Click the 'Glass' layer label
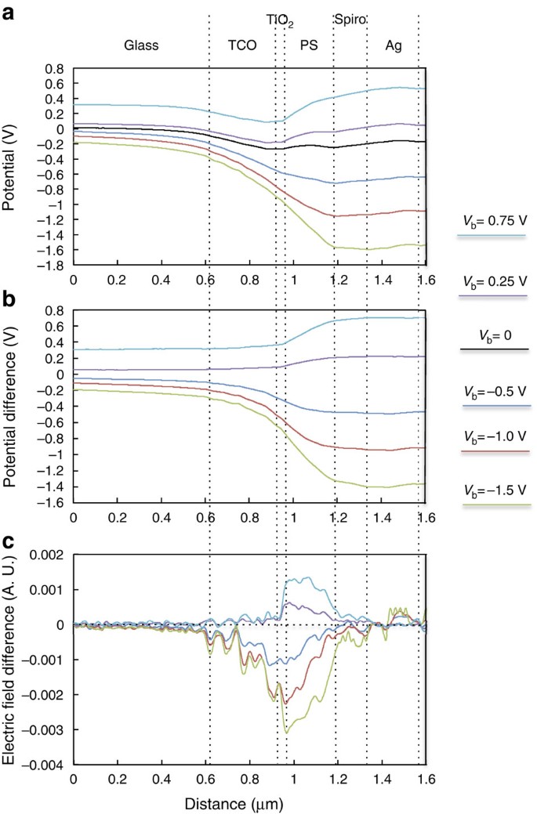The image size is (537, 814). coord(141,45)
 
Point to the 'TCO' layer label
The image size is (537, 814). coord(241,45)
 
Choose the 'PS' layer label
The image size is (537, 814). coord(309,45)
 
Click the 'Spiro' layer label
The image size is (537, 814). coord(350,20)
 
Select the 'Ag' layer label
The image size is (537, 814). coord(394,45)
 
